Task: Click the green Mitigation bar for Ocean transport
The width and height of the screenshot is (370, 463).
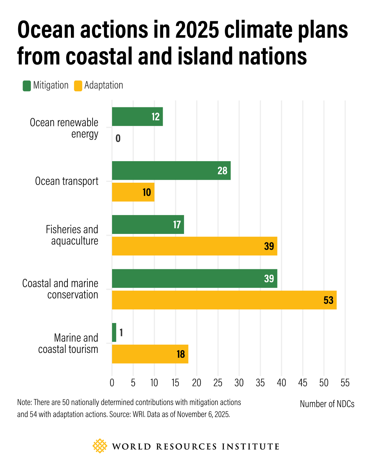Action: point(171,170)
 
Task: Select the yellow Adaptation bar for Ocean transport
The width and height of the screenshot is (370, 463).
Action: point(133,192)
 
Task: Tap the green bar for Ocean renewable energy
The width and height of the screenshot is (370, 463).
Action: point(137,117)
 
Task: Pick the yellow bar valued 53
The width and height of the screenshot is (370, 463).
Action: point(224,300)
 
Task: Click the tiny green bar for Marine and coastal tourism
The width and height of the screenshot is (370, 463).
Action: point(114,332)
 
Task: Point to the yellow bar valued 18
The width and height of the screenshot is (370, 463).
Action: point(150,354)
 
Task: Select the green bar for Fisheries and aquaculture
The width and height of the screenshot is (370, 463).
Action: point(148,225)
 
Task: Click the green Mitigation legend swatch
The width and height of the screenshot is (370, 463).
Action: point(27,86)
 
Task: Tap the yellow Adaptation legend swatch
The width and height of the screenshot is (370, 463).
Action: point(78,86)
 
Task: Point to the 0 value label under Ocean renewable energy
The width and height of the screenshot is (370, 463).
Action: point(118,138)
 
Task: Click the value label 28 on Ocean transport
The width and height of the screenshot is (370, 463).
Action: point(222,170)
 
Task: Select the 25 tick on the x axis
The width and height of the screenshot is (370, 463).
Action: point(218,383)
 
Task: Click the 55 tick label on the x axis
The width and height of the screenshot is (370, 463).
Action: point(345,383)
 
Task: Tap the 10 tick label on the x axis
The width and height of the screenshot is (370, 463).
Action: point(154,383)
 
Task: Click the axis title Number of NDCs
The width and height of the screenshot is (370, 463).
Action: point(327,404)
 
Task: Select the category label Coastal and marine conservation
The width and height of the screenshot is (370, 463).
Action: point(60,289)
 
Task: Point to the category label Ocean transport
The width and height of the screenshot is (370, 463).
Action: point(66,181)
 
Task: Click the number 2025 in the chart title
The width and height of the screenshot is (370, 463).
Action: point(197,30)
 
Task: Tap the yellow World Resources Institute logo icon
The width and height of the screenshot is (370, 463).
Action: point(100,446)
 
